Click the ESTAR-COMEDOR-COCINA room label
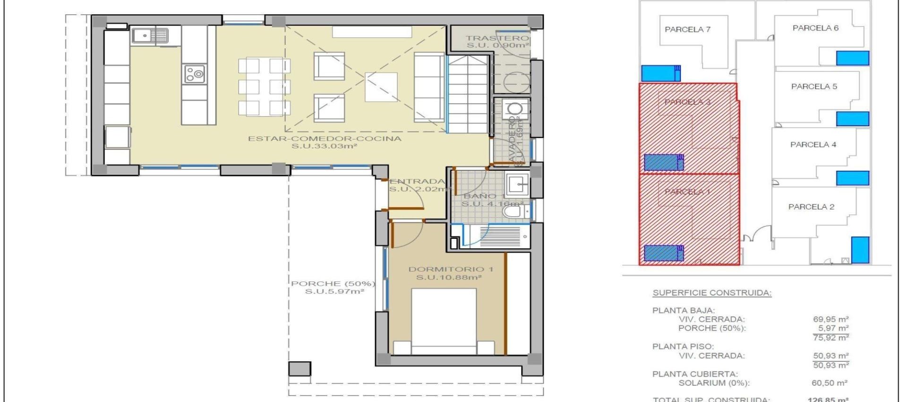coord(325,139)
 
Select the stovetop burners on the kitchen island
coord(194,74)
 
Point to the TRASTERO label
coord(496,38)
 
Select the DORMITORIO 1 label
coord(450,269)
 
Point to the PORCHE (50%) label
coord(333,284)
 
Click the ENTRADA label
coord(418,181)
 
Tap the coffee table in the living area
coord(381,87)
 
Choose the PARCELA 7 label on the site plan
coord(687,29)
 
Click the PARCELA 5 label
coord(814,87)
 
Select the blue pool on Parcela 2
coord(860,249)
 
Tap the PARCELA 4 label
coord(813,145)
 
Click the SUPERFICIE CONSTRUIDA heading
coord(712,293)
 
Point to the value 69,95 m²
coord(830,319)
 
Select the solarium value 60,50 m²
coord(829,383)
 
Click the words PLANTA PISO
coord(683,347)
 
